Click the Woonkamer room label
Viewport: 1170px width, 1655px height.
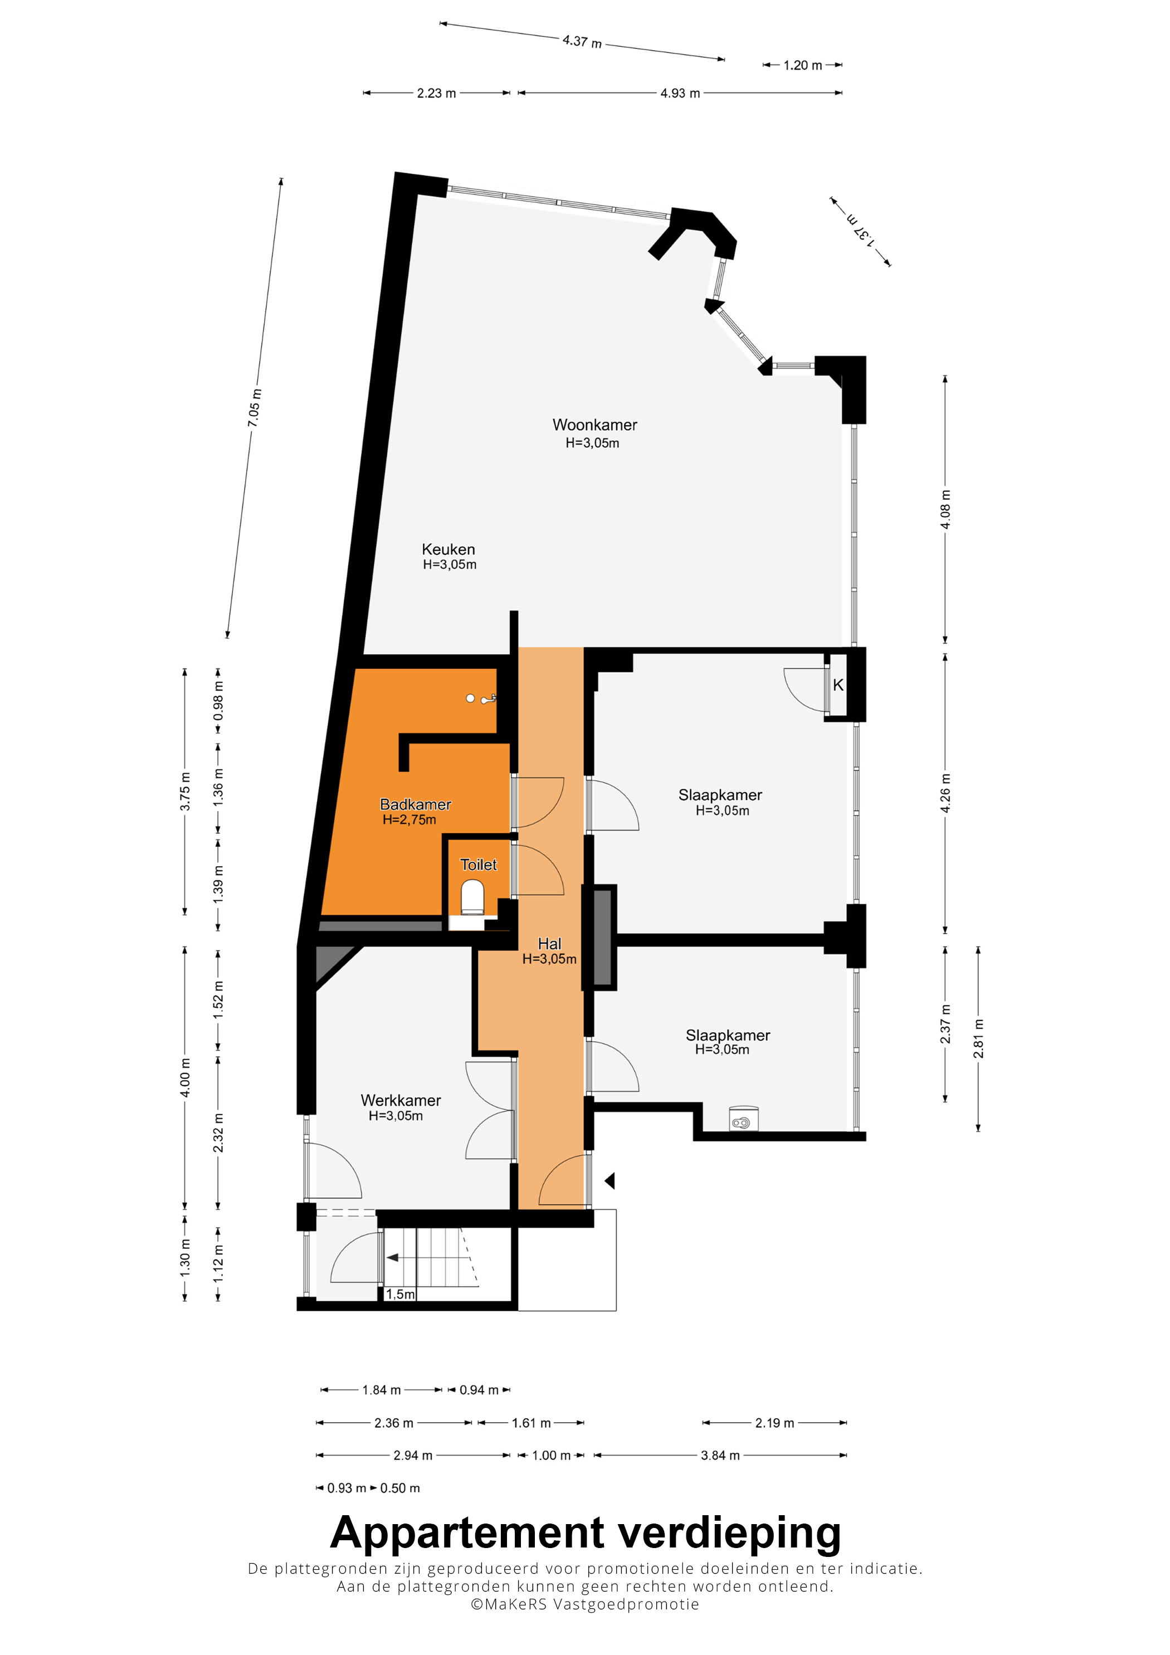pos(594,425)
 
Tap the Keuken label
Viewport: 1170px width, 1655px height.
pos(448,549)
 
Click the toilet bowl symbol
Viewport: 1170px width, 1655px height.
pos(472,897)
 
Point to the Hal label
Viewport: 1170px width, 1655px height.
pos(549,944)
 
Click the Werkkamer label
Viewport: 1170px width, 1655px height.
pos(401,1101)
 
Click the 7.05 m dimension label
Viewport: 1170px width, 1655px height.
pos(255,408)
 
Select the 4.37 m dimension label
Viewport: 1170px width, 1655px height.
pos(582,42)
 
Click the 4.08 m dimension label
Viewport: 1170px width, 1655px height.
pos(945,510)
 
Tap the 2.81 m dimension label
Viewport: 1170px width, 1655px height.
pos(978,1039)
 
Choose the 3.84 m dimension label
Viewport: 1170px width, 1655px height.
pos(720,1456)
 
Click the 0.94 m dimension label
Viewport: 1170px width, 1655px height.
pos(479,1390)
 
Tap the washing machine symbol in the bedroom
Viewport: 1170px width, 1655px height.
pos(743,1118)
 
